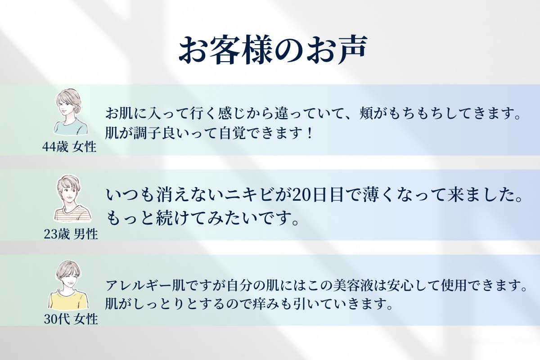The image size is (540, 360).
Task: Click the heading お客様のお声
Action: (273, 50)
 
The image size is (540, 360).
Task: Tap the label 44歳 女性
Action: (69, 147)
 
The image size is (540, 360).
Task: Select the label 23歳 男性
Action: (71, 234)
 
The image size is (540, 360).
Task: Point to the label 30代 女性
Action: (71, 319)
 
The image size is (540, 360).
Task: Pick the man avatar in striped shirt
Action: (72, 198)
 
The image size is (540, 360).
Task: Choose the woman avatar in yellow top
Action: (68, 285)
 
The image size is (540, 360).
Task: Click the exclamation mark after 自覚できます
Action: (310, 133)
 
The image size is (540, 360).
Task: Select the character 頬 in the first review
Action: (366, 113)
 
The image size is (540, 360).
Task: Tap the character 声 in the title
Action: (352, 50)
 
